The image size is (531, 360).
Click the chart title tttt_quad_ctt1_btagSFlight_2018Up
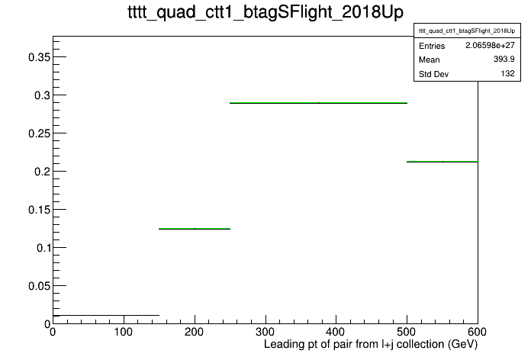click(265, 12)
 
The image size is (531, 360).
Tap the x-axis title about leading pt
click(371, 344)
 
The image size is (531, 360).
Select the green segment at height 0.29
click(318, 103)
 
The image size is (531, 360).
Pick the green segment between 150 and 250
click(195, 229)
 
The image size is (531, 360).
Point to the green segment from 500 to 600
click(443, 162)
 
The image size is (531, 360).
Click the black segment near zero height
click(106, 315)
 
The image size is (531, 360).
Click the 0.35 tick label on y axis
click(39, 57)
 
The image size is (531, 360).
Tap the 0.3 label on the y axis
click(42, 95)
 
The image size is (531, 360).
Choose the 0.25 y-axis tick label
click(39, 133)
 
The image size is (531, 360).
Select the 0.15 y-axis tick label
click(39, 210)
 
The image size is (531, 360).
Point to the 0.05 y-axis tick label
click(39, 286)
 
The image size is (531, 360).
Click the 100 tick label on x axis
click(124, 332)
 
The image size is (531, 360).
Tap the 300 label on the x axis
click(265, 332)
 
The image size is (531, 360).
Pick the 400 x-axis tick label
click(336, 332)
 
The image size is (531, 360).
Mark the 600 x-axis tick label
click(477, 332)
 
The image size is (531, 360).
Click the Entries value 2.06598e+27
click(490, 45)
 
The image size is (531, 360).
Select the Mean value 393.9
click(504, 59)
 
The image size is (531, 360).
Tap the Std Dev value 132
click(508, 73)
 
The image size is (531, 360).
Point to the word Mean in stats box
click(430, 59)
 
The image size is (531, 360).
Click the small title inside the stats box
click(467, 31)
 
